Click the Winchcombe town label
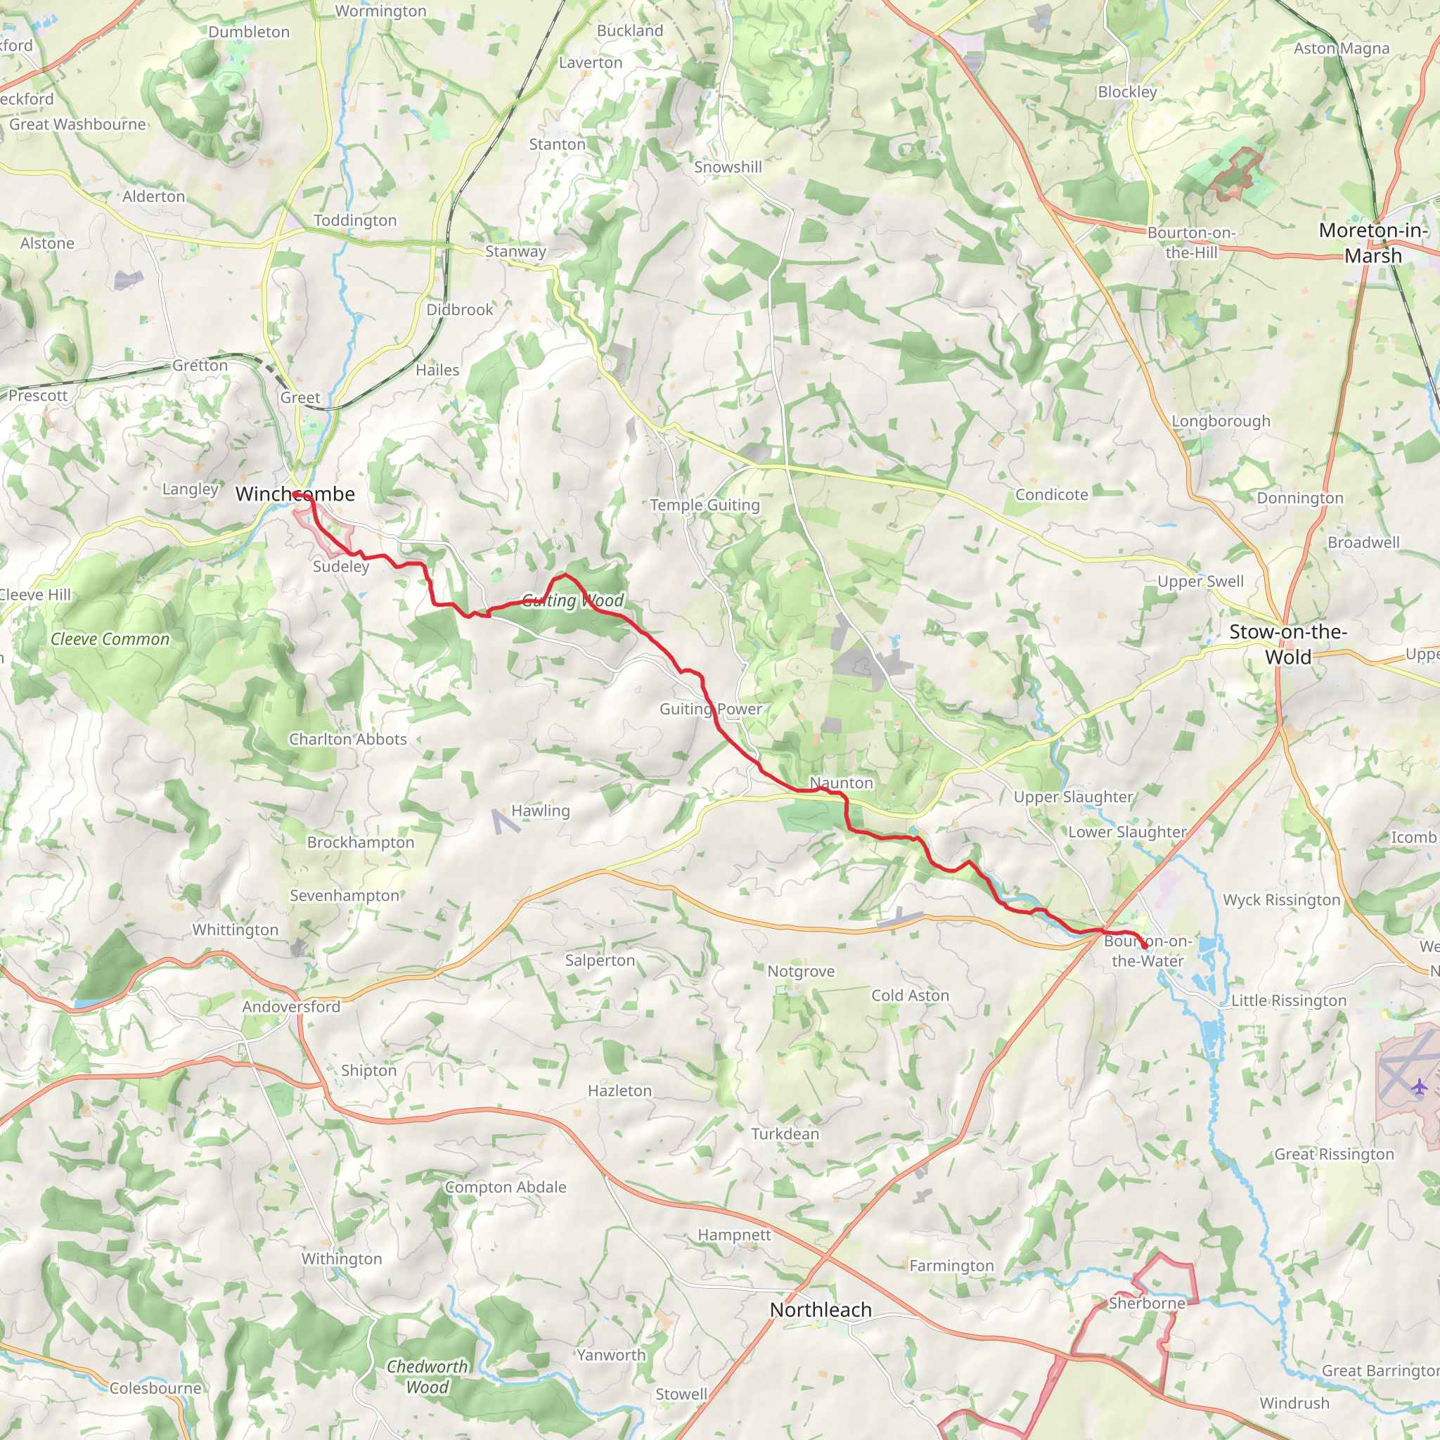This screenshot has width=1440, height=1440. (295, 494)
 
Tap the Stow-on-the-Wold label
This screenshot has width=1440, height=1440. (1287, 644)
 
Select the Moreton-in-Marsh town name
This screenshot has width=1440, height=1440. (1373, 243)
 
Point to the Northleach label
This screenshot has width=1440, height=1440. (820, 1309)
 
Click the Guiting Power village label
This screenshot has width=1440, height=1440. (710, 709)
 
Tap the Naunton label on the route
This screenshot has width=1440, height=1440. (841, 783)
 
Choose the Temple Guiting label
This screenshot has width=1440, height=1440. (705, 505)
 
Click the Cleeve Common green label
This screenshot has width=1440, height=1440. (110, 638)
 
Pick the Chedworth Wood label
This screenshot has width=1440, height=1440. (427, 1377)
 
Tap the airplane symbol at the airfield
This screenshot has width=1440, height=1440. (1419, 1087)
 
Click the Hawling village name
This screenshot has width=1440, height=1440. (541, 810)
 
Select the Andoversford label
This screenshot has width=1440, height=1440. (291, 1006)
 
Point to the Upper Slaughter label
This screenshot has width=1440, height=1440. (1072, 797)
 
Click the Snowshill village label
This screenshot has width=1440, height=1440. (728, 167)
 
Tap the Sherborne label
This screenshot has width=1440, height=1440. (1146, 1303)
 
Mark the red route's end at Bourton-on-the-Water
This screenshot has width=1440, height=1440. (1144, 946)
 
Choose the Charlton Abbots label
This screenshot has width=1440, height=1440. (348, 739)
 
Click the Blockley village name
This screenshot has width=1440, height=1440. (1127, 91)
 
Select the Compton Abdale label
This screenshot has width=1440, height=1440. (506, 1187)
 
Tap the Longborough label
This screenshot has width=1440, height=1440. (1221, 421)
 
